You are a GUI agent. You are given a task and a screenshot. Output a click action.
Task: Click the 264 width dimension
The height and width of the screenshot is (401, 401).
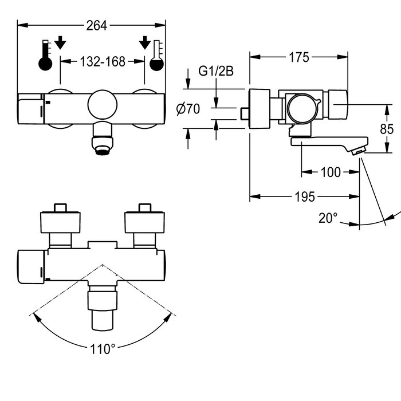point(91,25)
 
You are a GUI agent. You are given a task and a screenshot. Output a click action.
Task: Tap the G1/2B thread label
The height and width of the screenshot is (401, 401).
point(215,72)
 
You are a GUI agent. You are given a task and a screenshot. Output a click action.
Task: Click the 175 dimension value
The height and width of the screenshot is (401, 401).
point(298,57)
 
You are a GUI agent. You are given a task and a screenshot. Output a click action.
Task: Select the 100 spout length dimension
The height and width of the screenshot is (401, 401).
point(330,172)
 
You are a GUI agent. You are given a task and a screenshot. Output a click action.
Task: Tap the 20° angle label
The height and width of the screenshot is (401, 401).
point(328,218)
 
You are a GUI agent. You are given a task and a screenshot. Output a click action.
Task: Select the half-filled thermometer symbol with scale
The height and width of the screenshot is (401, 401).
point(156,56)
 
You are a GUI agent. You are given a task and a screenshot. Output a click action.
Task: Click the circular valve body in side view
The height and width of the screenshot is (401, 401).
point(301,107)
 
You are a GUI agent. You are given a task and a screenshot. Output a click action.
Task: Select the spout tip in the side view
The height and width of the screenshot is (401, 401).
point(357,151)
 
